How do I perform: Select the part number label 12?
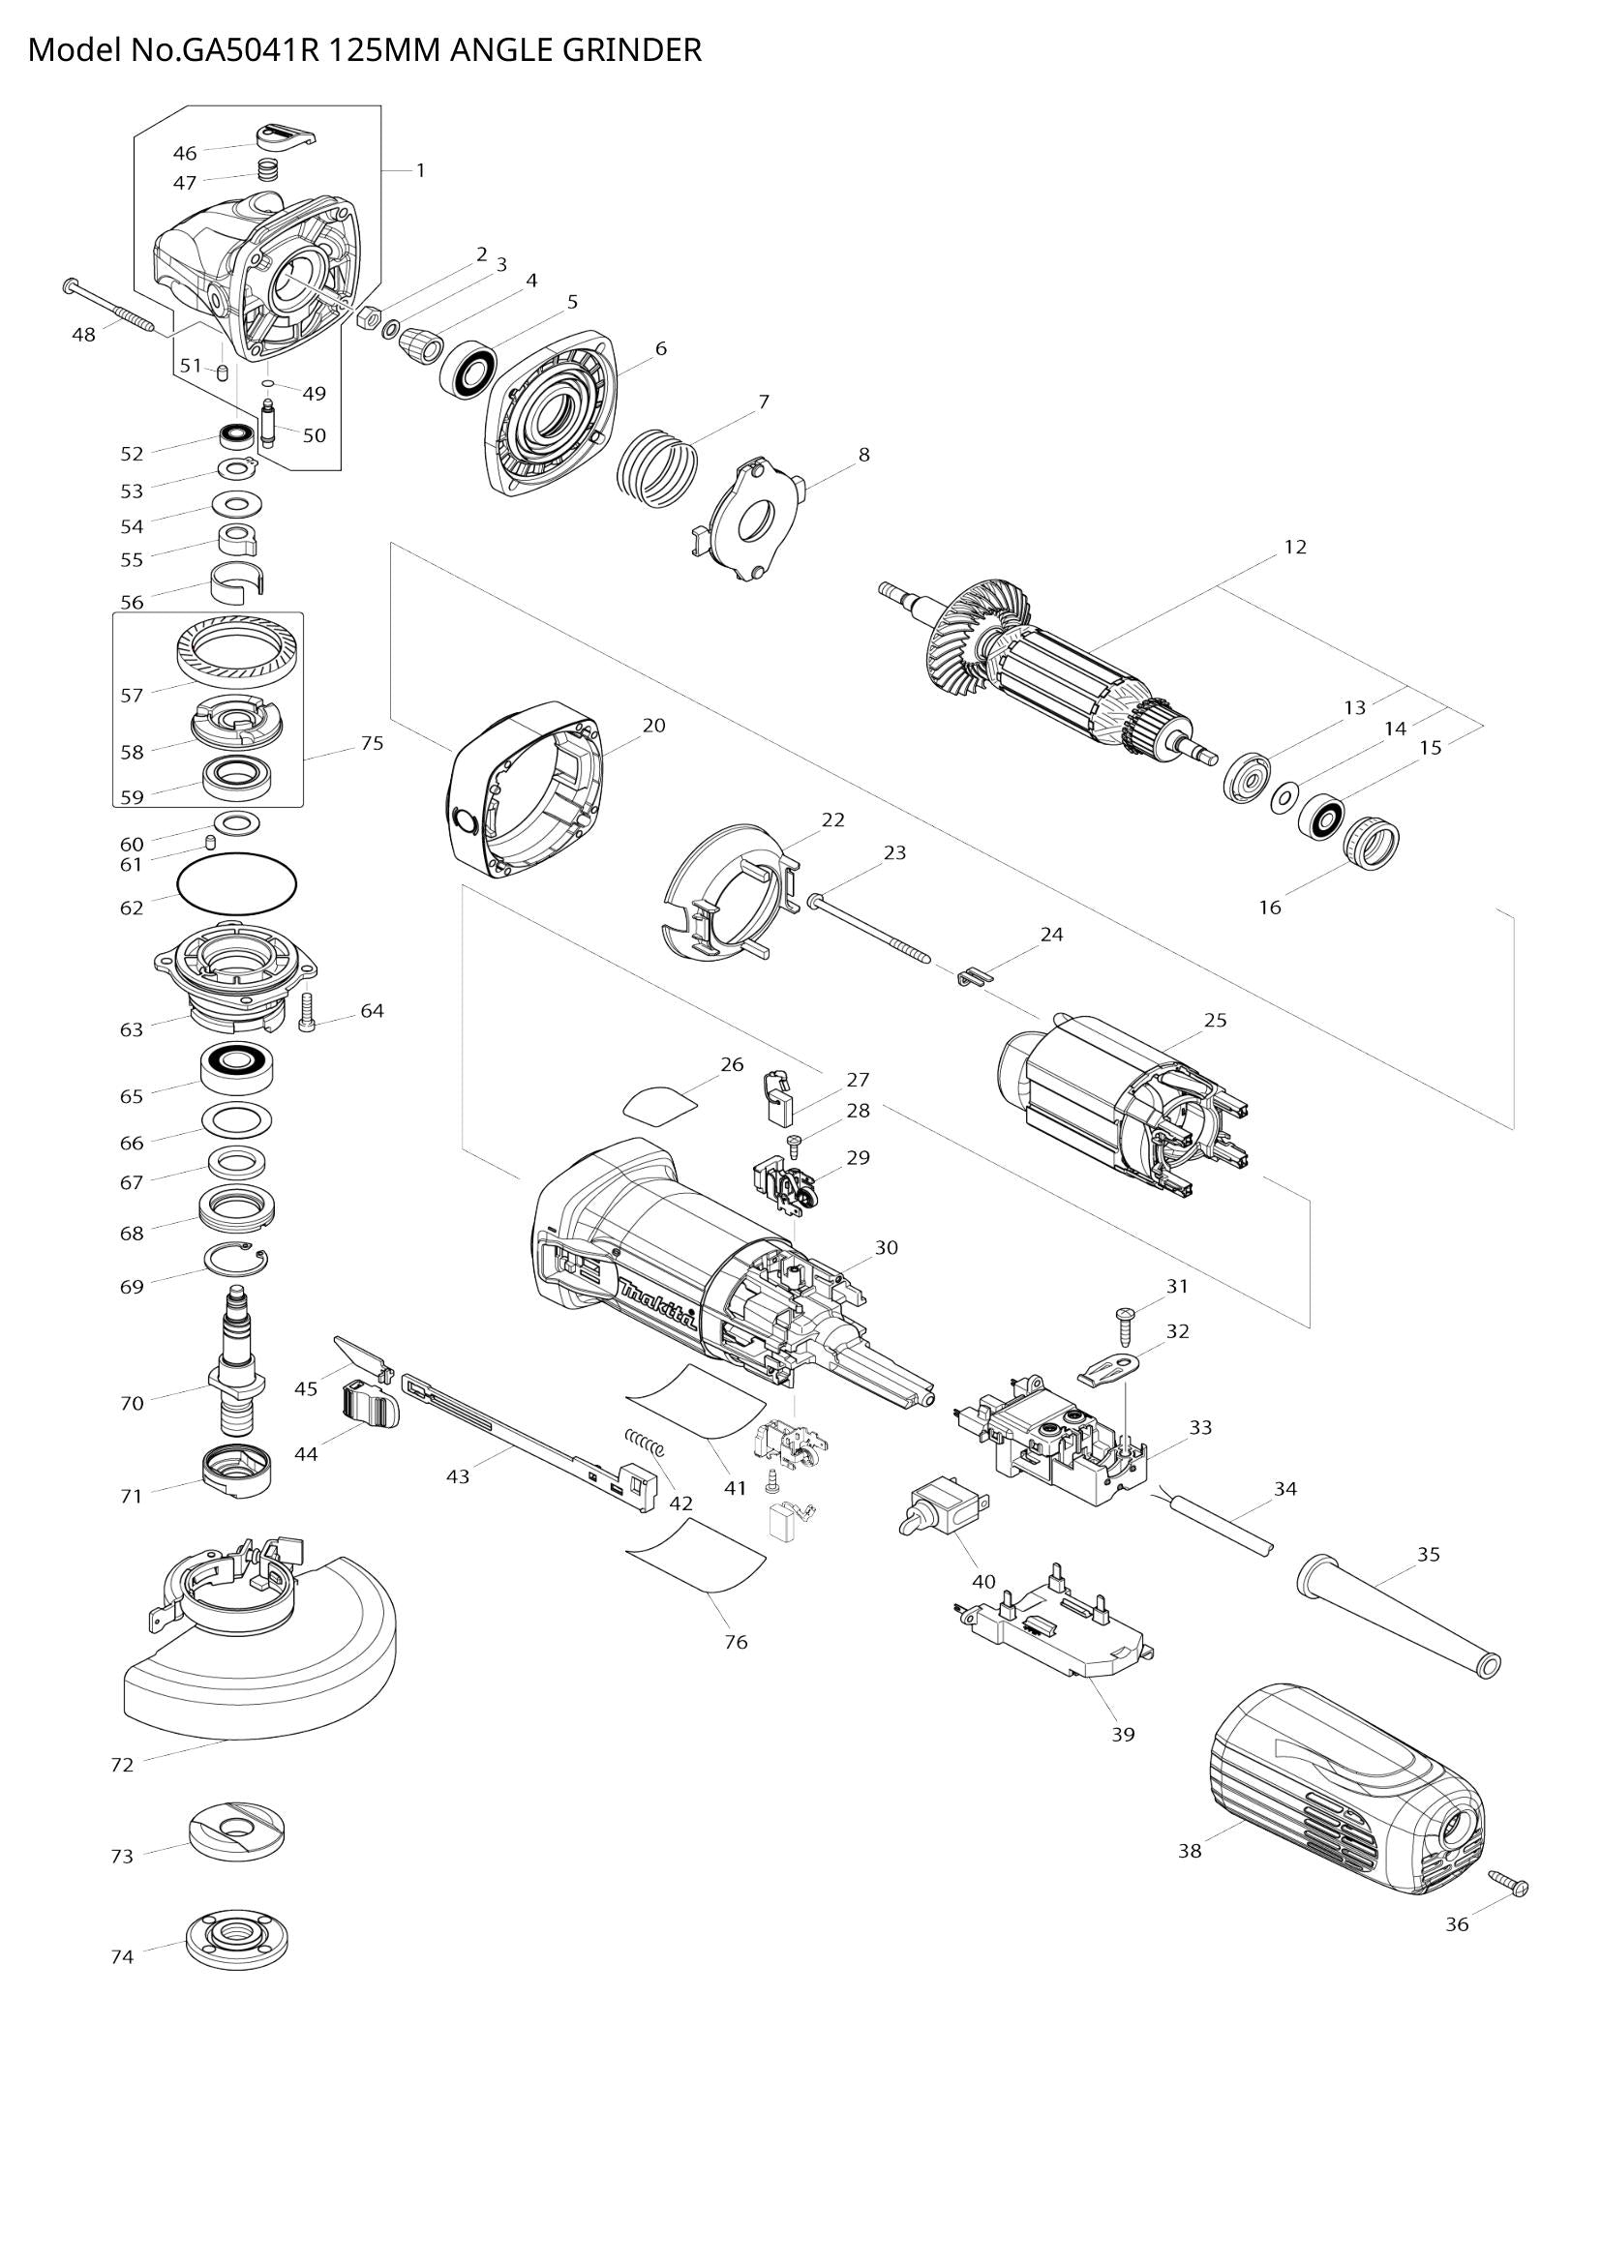(x=1294, y=547)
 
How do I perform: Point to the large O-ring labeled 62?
(x=236, y=882)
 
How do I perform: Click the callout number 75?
(x=371, y=743)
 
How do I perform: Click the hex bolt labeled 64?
(x=306, y=1011)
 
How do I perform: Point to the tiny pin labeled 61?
(x=210, y=842)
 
